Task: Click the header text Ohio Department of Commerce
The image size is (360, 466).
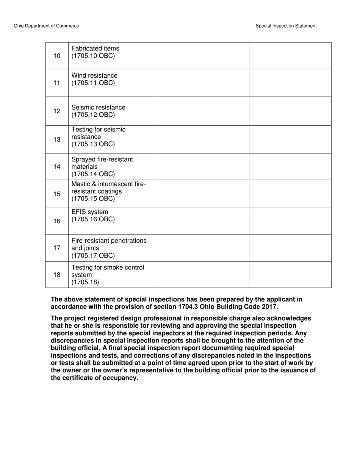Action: (46, 26)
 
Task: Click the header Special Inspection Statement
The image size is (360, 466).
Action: (286, 26)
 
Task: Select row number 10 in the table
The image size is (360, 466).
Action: (57, 56)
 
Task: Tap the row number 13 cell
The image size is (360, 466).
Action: (57, 139)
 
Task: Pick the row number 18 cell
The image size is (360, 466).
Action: (57, 275)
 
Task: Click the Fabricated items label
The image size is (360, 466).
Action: (95, 48)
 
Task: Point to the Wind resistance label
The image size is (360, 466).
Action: (94, 76)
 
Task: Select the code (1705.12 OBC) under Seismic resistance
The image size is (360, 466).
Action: (93, 115)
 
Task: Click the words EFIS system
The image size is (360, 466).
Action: (89, 212)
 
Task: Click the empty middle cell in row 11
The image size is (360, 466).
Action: (201, 83)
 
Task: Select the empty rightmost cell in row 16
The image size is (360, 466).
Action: (290, 221)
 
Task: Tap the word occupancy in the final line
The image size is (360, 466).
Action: (119, 378)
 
